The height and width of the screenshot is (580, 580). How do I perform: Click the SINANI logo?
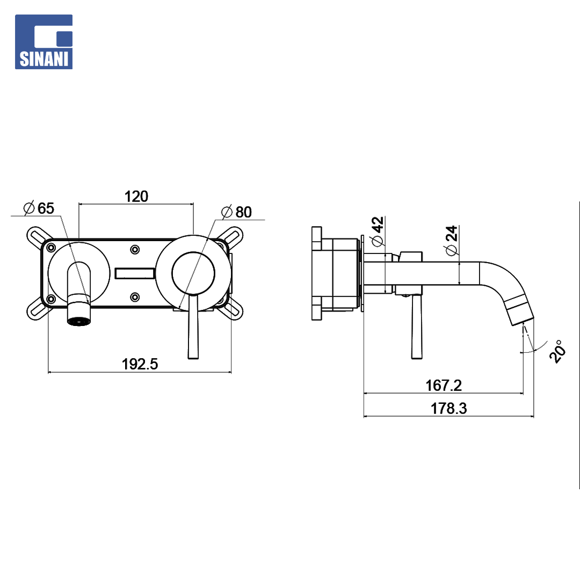tap(44, 42)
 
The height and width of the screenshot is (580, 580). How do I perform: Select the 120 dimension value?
tap(136, 197)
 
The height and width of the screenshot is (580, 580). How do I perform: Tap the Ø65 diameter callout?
tap(39, 208)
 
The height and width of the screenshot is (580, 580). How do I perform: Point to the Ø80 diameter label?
tap(237, 212)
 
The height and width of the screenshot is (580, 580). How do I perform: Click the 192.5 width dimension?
tap(140, 364)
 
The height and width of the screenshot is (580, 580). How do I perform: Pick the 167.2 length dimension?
tap(444, 386)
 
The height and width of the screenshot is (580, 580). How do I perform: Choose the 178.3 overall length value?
tap(448, 408)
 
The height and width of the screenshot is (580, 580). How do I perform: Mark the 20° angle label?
tap(557, 351)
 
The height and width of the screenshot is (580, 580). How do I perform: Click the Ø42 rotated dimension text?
tap(378, 231)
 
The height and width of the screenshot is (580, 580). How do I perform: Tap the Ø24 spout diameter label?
tap(452, 241)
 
